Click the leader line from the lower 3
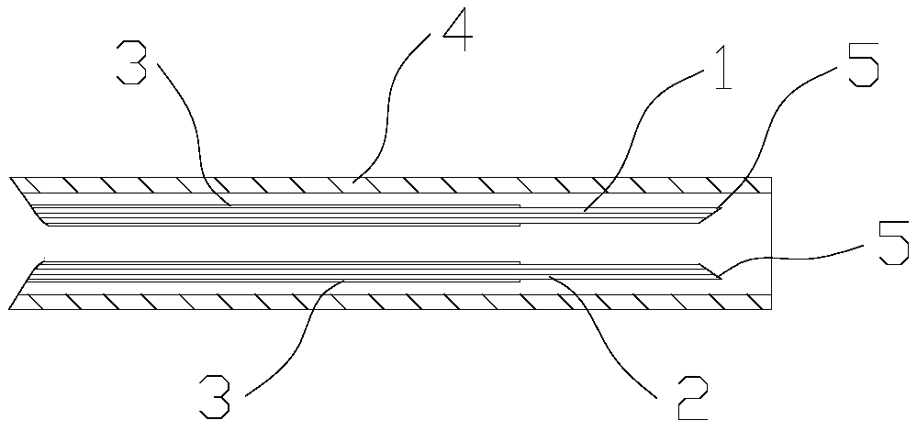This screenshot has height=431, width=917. click(x=294, y=330)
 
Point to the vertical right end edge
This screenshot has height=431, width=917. click(x=771, y=243)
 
